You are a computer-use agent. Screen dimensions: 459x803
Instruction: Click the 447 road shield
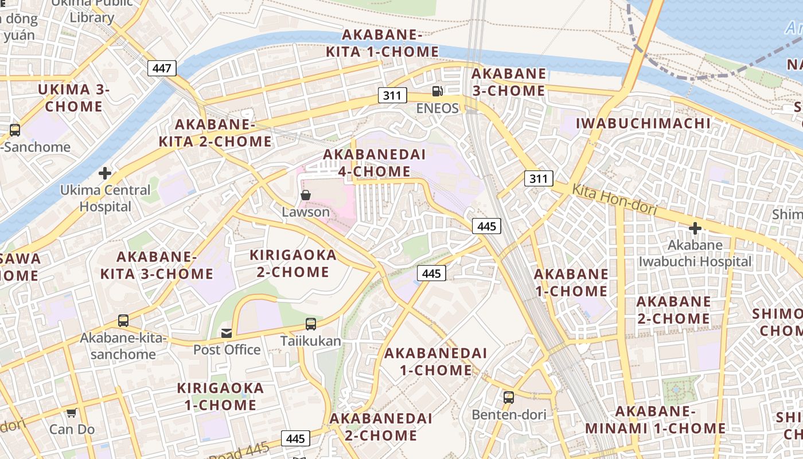(x=162, y=68)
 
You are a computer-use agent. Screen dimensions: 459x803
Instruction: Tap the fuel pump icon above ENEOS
(x=437, y=91)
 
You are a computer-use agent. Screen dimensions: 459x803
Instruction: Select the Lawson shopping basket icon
(x=306, y=195)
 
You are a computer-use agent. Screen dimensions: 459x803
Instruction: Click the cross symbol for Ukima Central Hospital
(x=105, y=173)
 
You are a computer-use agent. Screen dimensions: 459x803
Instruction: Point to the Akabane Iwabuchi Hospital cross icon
(x=695, y=228)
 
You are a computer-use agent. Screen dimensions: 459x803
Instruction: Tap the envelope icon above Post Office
(x=227, y=333)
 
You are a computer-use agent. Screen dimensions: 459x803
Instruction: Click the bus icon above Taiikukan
(x=310, y=324)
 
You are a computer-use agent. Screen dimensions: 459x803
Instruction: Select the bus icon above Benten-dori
(x=508, y=397)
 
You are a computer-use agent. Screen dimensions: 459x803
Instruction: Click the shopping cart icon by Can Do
(x=72, y=413)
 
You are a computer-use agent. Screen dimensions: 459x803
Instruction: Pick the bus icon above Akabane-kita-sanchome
(x=123, y=321)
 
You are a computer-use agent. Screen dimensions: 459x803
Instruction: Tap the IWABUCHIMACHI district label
(x=643, y=123)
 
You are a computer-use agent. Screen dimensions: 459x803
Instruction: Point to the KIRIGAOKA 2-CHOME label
(x=293, y=263)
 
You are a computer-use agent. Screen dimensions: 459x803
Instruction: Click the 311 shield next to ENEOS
(x=392, y=95)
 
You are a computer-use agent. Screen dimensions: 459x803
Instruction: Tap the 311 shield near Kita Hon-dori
(x=539, y=178)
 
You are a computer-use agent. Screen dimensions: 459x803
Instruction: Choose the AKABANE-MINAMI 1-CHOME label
(x=655, y=420)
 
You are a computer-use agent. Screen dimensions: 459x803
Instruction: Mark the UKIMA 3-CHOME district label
(x=73, y=98)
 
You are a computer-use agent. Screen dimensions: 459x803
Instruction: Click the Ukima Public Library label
(x=92, y=10)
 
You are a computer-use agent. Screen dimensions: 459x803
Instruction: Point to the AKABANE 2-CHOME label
(x=673, y=310)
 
